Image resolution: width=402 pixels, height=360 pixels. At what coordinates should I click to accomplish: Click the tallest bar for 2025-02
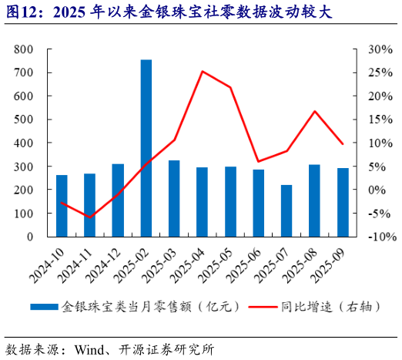coord(146,148)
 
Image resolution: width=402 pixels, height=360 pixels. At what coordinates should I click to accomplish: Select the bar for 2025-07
coord(286,210)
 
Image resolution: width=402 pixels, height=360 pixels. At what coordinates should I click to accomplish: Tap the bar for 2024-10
coord(62,206)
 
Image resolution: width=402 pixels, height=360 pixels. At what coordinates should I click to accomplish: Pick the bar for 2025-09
coord(343,202)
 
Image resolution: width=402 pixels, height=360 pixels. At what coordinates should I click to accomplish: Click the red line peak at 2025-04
coord(202,72)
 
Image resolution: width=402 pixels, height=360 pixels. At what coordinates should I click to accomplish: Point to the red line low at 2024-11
coord(90,217)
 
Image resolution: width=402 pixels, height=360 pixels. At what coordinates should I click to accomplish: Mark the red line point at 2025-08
coord(314,111)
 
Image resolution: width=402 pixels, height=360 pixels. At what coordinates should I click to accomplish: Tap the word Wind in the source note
coord(90,348)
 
